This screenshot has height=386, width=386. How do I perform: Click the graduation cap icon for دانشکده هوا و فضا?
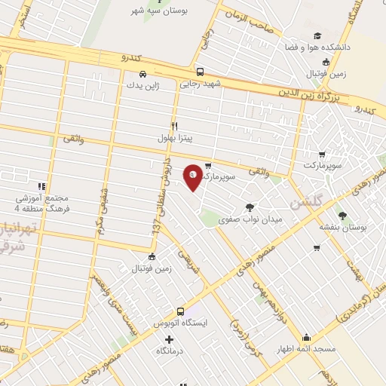click(317, 35)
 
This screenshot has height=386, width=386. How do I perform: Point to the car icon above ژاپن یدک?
click(142, 74)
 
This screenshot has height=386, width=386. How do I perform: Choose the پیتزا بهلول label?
click(176, 139)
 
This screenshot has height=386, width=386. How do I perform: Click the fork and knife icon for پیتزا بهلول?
click(175, 126)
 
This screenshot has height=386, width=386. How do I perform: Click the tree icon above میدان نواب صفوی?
click(250, 207)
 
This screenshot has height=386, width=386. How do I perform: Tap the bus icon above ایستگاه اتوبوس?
click(180, 311)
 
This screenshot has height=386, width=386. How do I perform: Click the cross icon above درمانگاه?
click(169, 339)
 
